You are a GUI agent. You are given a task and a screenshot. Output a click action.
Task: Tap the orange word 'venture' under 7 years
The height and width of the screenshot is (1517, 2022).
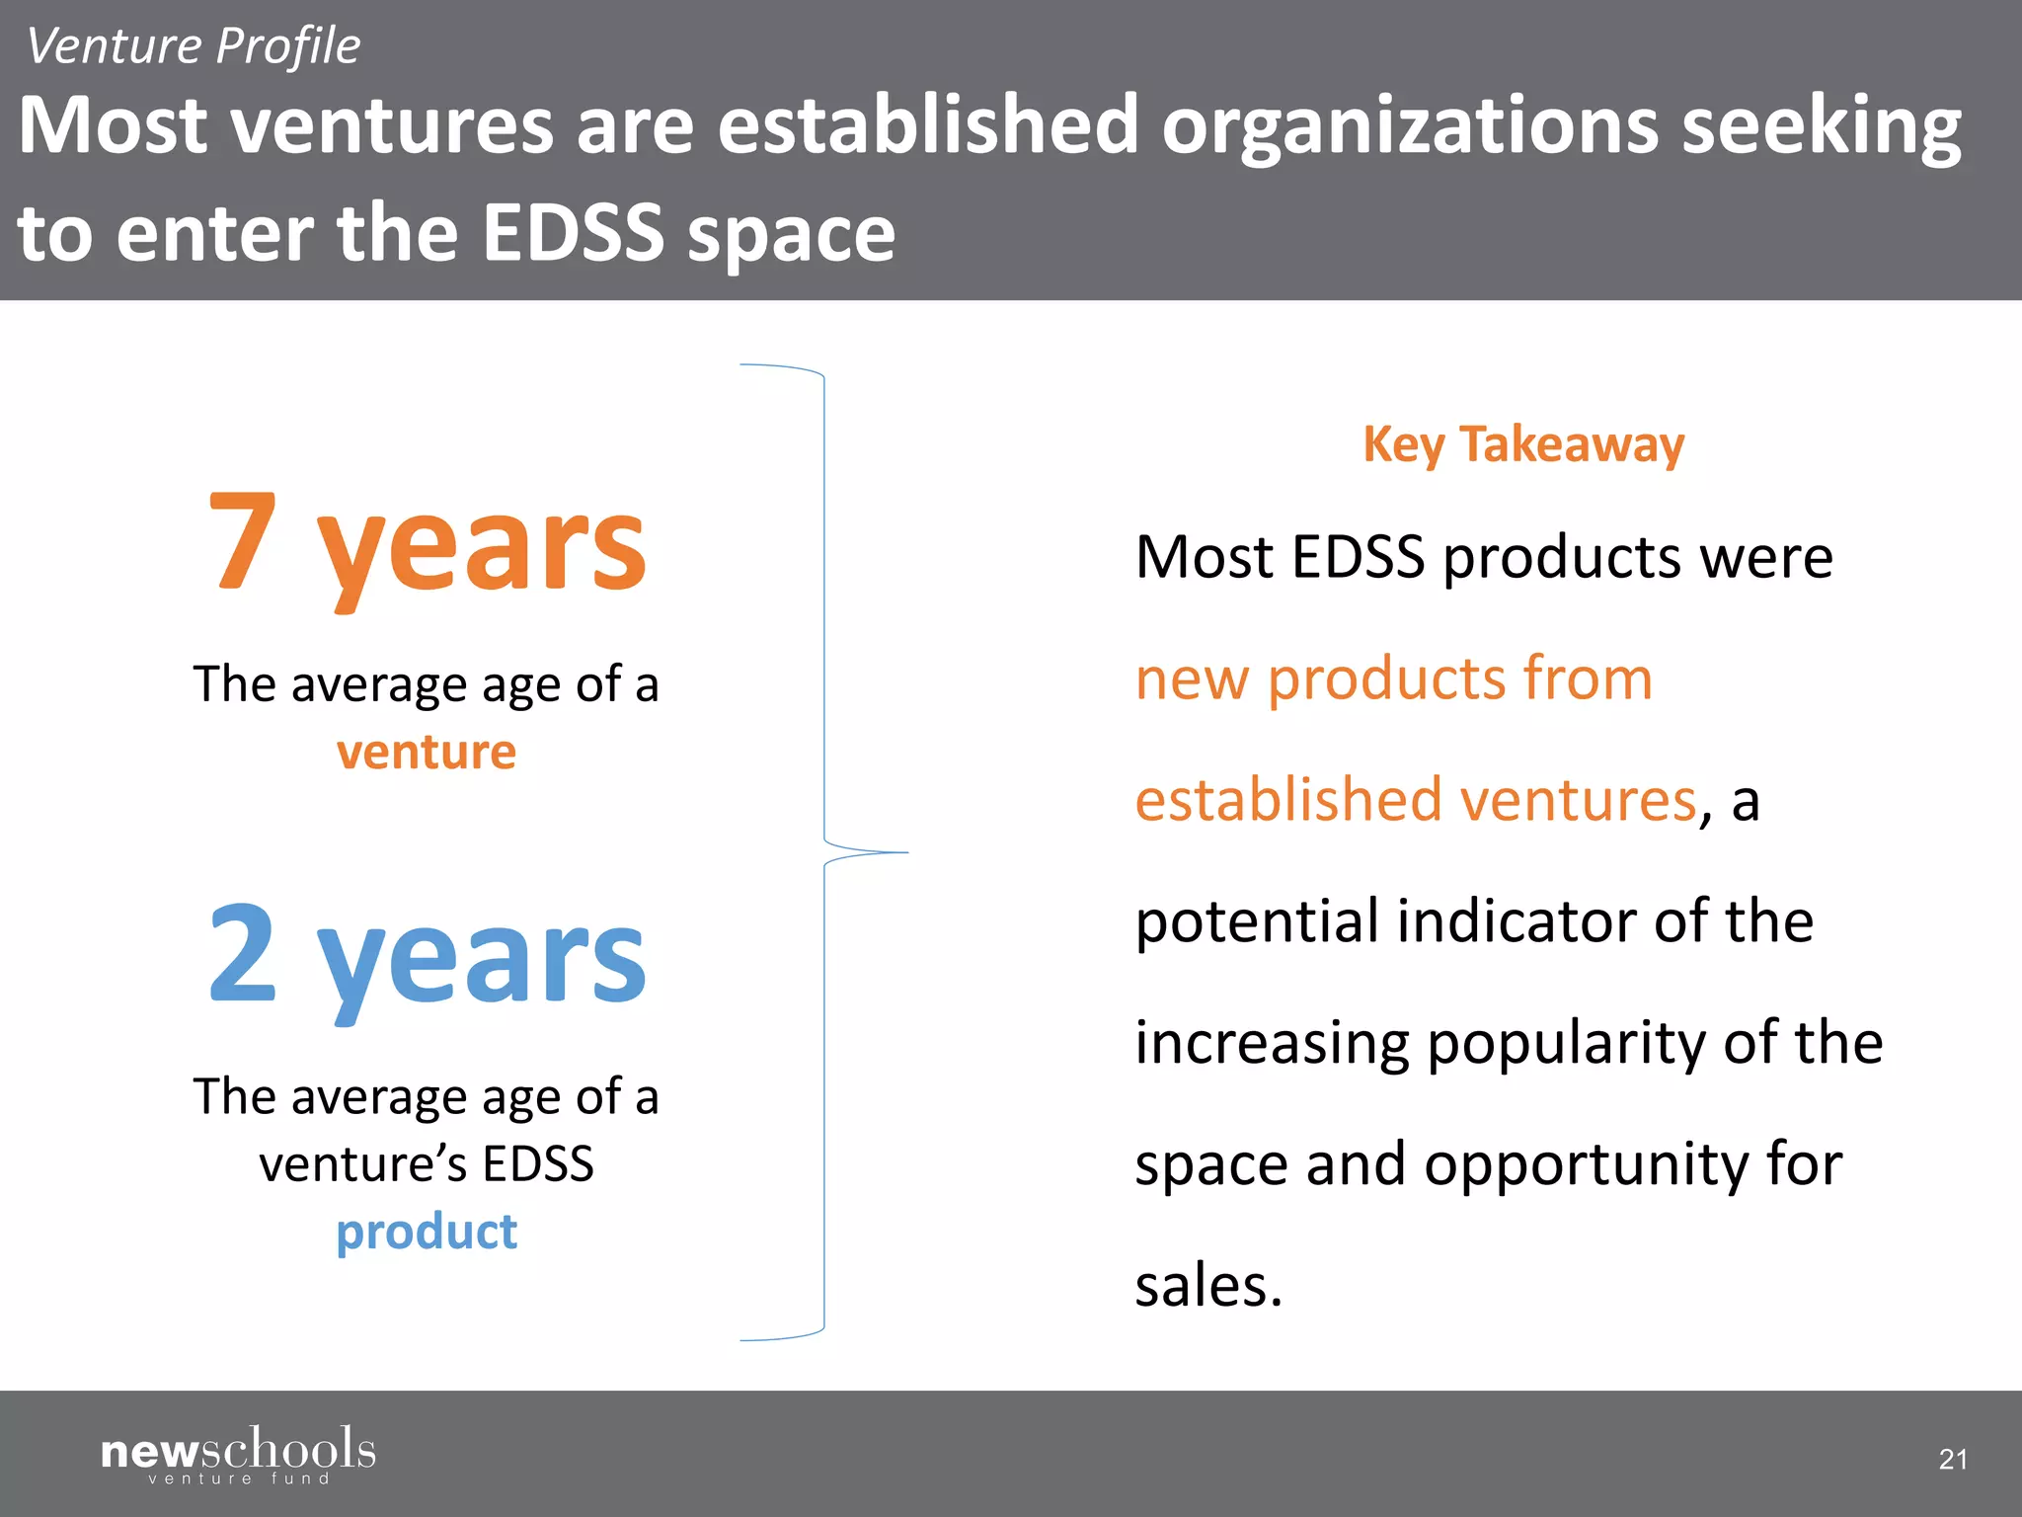click(427, 753)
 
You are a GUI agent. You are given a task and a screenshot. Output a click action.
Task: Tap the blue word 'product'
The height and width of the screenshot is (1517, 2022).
click(427, 1232)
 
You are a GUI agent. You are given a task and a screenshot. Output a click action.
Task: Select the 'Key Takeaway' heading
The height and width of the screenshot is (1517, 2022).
click(1523, 444)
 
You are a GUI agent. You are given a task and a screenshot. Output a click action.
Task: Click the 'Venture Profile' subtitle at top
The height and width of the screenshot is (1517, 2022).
click(194, 46)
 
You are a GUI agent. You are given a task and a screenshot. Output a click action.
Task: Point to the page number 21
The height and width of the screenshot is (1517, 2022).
click(1952, 1459)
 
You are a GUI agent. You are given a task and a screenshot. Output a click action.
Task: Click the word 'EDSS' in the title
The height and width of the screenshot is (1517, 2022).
click(573, 233)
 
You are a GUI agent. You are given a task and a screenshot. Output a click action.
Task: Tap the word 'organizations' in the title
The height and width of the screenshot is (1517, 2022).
click(1410, 125)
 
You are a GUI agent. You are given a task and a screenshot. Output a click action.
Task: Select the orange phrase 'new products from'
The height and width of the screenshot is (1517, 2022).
click(1393, 679)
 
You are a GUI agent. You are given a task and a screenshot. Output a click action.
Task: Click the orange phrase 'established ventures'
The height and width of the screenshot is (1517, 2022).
click(1415, 799)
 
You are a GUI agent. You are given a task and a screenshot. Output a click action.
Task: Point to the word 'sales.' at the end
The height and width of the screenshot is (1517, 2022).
click(1208, 1286)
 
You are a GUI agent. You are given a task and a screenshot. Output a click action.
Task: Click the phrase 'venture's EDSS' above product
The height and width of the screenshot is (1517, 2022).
click(427, 1163)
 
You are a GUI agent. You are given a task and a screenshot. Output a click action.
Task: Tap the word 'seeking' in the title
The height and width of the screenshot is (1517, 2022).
click(1822, 125)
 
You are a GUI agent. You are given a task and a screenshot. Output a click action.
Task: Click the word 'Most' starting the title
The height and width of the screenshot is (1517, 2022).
click(113, 125)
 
